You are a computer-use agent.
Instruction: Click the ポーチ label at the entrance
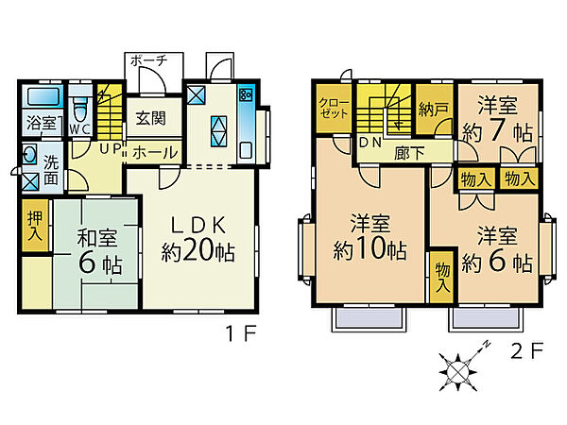click(148, 59)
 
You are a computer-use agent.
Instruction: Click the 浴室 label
click(41, 123)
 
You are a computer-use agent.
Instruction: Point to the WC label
click(79, 127)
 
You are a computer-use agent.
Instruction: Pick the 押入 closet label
click(34, 226)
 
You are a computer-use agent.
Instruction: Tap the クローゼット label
click(334, 108)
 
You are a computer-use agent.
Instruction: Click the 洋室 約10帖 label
click(369, 238)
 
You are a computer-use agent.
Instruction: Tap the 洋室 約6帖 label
click(495, 247)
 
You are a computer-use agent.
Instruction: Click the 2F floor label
click(528, 351)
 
